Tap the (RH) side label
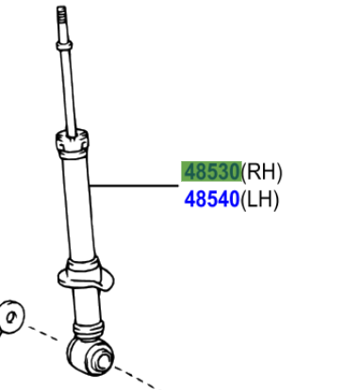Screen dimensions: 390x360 tap(262, 172)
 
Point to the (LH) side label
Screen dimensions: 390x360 tap(261, 200)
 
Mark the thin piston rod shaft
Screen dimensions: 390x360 tap(68, 89)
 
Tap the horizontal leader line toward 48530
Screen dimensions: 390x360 tap(132, 186)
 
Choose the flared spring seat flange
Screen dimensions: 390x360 tap(85, 277)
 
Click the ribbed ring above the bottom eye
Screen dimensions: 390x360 tap(90, 330)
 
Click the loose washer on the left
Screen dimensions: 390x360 tap(12, 316)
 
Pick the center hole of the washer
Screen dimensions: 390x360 tap(9, 317)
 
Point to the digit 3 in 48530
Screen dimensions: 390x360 tap(221, 171)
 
